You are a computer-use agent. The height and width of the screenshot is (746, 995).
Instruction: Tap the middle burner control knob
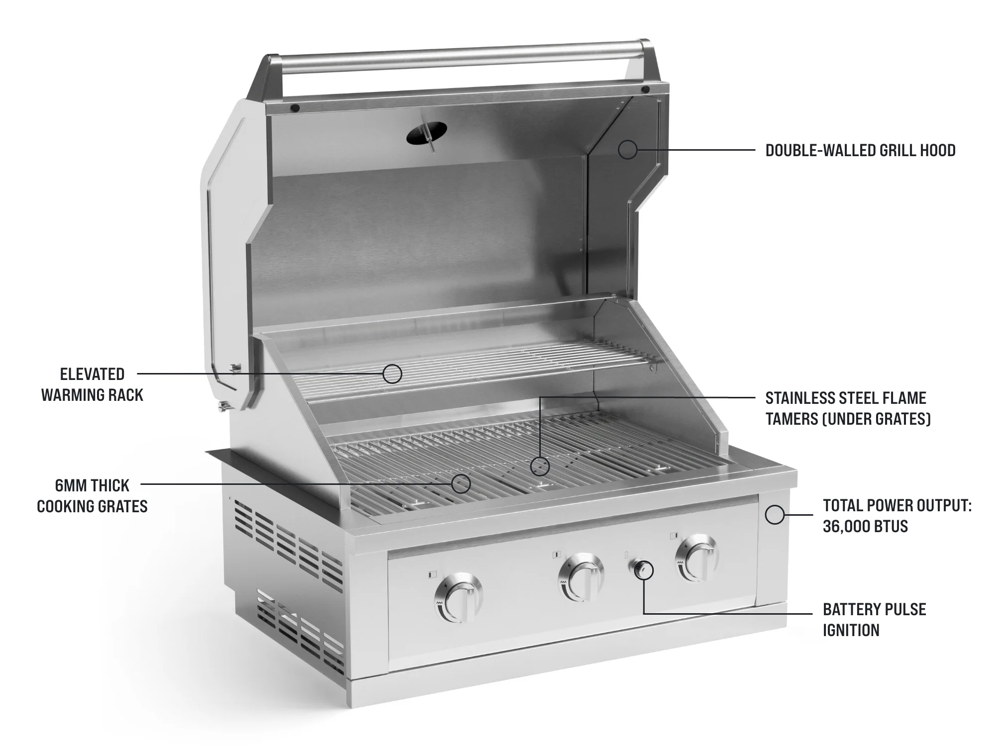click(580, 577)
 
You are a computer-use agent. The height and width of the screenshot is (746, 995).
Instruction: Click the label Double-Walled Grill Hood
click(860, 150)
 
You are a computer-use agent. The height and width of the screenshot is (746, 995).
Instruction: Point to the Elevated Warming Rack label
click(93, 384)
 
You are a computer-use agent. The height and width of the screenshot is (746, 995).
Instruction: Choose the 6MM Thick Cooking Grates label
click(93, 496)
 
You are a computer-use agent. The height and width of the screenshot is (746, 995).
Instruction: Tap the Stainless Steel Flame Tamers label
click(848, 408)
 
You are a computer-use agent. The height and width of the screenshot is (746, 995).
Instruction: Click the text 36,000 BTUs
click(865, 526)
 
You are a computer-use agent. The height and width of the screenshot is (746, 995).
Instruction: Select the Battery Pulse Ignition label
click(874, 620)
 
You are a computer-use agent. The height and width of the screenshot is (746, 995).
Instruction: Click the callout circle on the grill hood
click(628, 149)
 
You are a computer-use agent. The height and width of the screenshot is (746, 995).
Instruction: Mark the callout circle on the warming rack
click(393, 373)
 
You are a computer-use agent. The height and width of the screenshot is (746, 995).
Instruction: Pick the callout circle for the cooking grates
click(461, 483)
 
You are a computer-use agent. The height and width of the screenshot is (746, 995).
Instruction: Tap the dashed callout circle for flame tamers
click(540, 466)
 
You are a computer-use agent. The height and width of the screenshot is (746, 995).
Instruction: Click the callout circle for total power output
click(775, 514)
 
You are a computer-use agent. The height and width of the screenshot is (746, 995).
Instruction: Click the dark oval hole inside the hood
click(426, 132)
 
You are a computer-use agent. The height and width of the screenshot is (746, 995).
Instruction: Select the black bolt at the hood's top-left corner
click(295, 107)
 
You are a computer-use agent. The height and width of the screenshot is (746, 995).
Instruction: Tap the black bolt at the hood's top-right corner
click(645, 90)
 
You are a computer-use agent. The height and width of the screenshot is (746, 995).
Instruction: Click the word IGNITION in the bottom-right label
click(851, 630)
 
